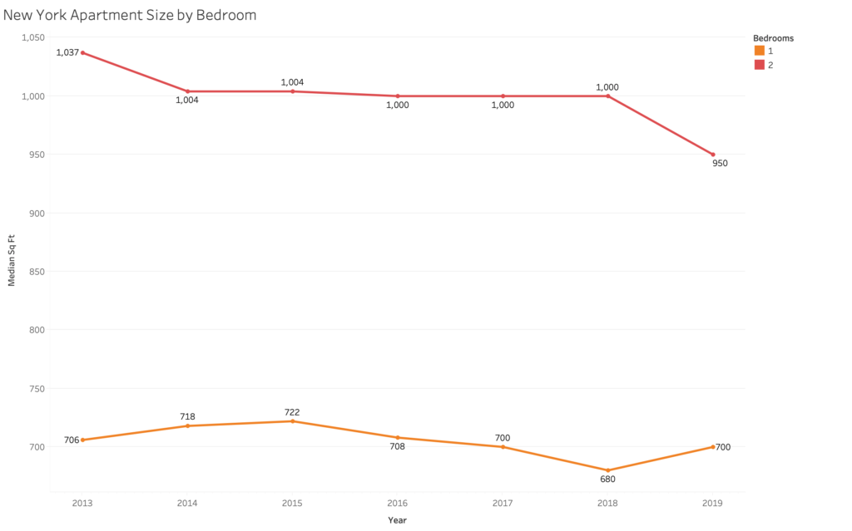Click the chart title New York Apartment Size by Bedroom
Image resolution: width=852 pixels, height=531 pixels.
click(130, 15)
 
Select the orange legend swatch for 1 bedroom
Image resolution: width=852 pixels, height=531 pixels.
click(759, 51)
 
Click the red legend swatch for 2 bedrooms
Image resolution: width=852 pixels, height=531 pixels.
click(759, 65)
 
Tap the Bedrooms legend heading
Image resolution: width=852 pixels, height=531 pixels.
click(773, 38)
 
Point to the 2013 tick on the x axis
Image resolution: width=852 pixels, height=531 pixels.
click(82, 503)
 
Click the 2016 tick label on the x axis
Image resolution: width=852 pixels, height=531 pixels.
click(398, 503)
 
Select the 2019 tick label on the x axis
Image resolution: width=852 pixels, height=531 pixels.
click(713, 503)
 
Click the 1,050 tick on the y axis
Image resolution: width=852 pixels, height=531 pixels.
click(32, 37)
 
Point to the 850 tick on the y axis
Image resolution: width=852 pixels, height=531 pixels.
click(37, 271)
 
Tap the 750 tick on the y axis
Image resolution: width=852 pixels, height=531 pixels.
click(37, 388)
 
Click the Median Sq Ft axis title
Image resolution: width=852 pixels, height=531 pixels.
click(12, 259)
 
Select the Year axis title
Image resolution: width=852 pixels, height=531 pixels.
click(398, 520)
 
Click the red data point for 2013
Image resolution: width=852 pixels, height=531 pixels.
click(82, 52)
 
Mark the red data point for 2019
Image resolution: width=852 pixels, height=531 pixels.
click(713, 155)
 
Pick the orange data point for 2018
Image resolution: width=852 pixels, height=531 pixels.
click(608, 470)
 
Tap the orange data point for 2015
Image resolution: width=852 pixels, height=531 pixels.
click(293, 421)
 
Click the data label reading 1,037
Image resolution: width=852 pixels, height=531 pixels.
click(67, 52)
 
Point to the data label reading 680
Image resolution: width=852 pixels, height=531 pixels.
click(608, 479)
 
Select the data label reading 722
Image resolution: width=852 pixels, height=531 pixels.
click(292, 412)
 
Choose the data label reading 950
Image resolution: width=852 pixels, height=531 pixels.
click(720, 164)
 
